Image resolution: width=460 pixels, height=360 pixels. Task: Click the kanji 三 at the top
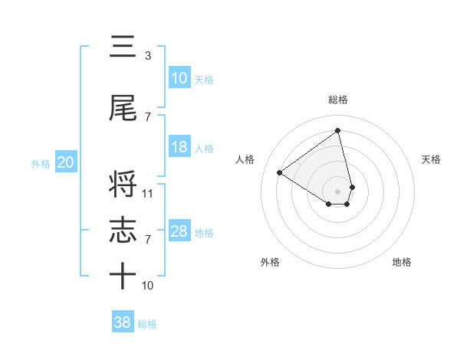(x=123, y=47)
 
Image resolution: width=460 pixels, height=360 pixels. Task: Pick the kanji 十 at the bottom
(x=123, y=277)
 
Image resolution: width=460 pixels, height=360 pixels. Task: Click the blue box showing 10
(x=179, y=78)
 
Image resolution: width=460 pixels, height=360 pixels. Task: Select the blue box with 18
(x=179, y=147)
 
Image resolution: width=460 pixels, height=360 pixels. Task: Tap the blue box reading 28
(x=179, y=231)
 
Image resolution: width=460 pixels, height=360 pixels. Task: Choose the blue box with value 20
(x=66, y=162)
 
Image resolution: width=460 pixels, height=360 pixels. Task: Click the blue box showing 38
(x=123, y=322)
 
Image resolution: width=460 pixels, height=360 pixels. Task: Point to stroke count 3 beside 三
(x=147, y=56)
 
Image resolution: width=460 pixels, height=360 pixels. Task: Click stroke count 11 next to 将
(x=148, y=194)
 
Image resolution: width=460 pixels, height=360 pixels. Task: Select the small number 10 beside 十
(x=148, y=286)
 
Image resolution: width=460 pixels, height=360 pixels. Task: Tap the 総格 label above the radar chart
(x=338, y=100)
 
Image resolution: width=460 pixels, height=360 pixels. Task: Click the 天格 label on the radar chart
(x=432, y=159)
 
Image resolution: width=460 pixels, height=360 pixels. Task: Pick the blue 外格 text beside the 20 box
(x=40, y=163)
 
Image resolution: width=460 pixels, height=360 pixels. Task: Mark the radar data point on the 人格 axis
(x=280, y=172)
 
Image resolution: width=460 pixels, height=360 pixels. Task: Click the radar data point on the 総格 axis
(x=338, y=130)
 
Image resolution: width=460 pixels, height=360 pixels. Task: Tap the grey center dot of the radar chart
(x=338, y=191)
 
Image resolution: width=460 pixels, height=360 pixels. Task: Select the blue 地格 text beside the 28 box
(x=205, y=232)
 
